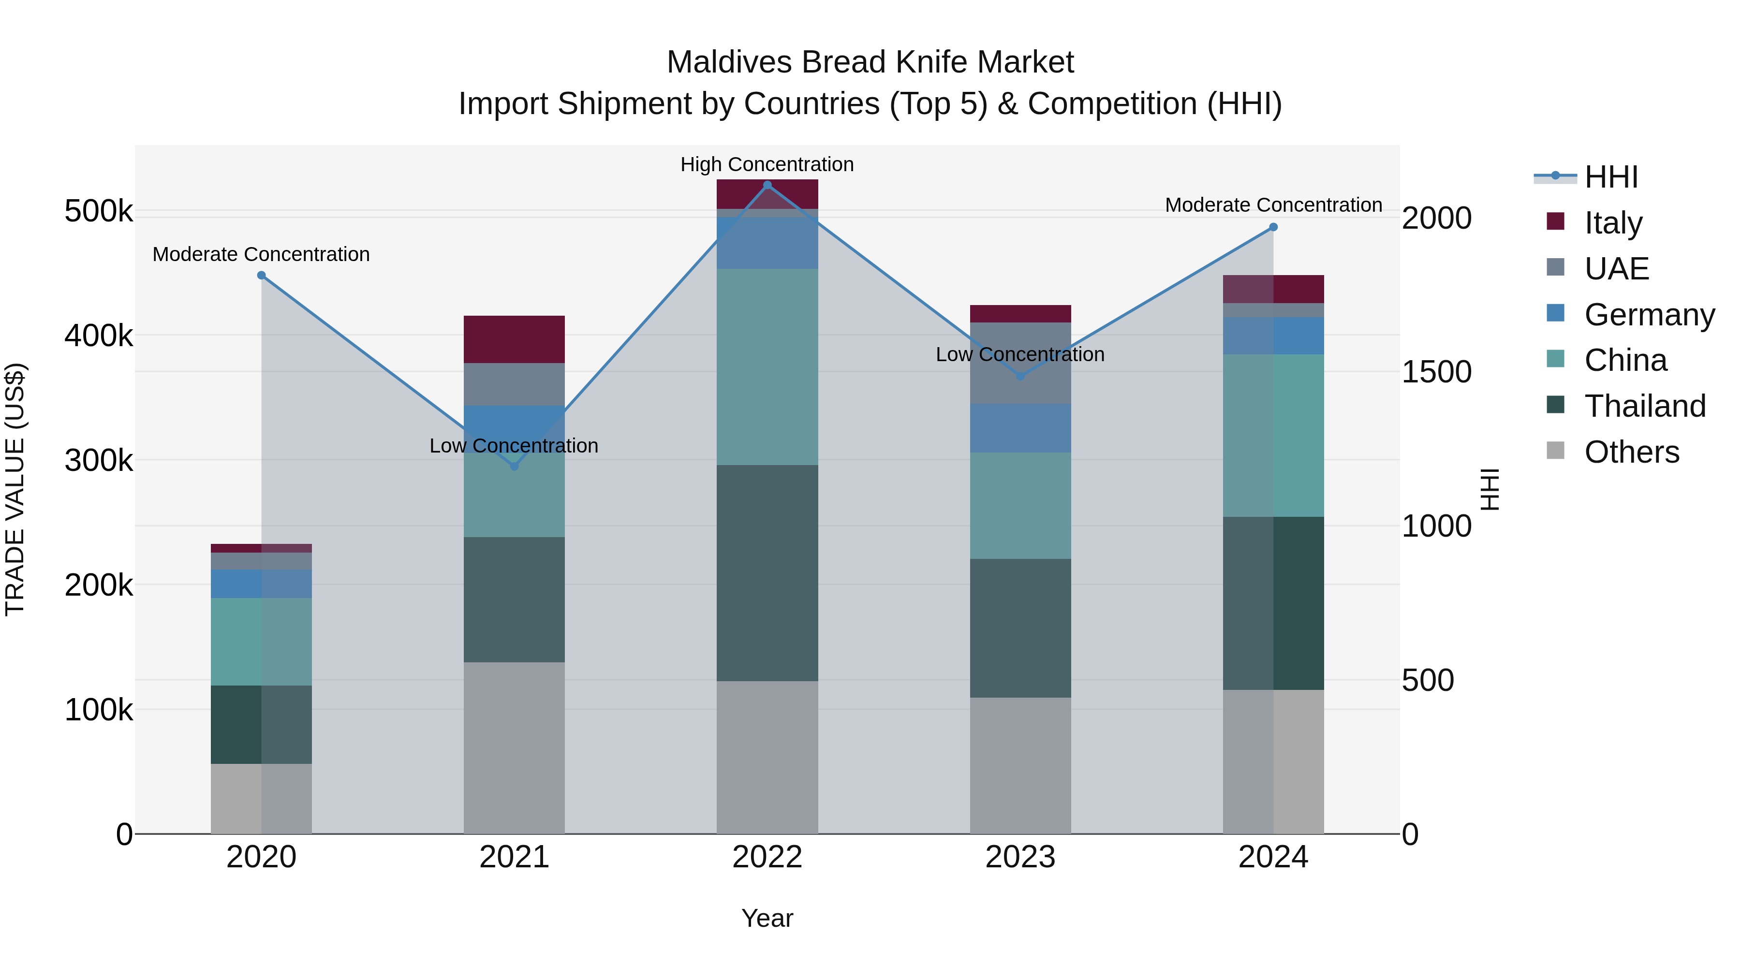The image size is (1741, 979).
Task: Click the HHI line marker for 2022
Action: pos(767,185)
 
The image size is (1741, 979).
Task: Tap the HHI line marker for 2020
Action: pos(262,275)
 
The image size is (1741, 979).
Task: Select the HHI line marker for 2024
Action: pos(1273,227)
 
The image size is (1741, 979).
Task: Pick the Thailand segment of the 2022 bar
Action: pos(767,572)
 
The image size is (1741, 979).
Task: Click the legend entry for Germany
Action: pos(1649,315)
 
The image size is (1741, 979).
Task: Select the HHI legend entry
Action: pos(1610,177)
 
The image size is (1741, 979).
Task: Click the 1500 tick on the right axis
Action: pos(1436,372)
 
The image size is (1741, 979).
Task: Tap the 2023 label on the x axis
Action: pos(1020,857)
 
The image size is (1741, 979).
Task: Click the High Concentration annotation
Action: pos(767,164)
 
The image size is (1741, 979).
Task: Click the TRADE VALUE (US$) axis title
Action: pos(15,489)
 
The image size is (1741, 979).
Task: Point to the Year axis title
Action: pos(767,918)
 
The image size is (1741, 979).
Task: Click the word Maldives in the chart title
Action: pos(729,62)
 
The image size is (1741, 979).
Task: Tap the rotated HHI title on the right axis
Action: pos(1489,489)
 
